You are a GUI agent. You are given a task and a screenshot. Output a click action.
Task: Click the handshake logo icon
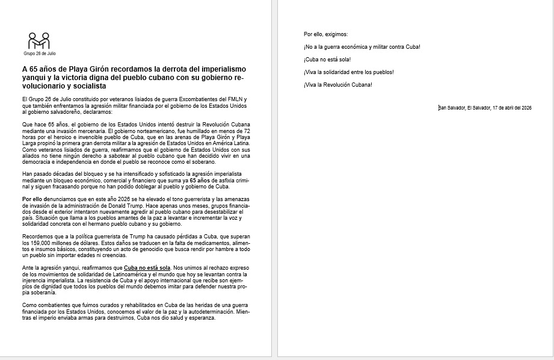coord(39,41)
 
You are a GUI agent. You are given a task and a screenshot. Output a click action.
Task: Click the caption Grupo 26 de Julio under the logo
coord(39,54)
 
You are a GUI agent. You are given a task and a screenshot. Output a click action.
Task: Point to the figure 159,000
coord(40,242)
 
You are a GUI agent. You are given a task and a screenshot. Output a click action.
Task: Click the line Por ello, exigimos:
coord(326,34)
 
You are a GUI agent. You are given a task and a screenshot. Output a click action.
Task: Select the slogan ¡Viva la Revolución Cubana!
coord(338,84)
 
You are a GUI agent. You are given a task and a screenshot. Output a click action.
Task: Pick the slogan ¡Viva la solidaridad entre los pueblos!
coord(349,72)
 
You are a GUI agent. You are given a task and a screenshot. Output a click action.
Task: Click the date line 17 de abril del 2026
coord(511,108)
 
